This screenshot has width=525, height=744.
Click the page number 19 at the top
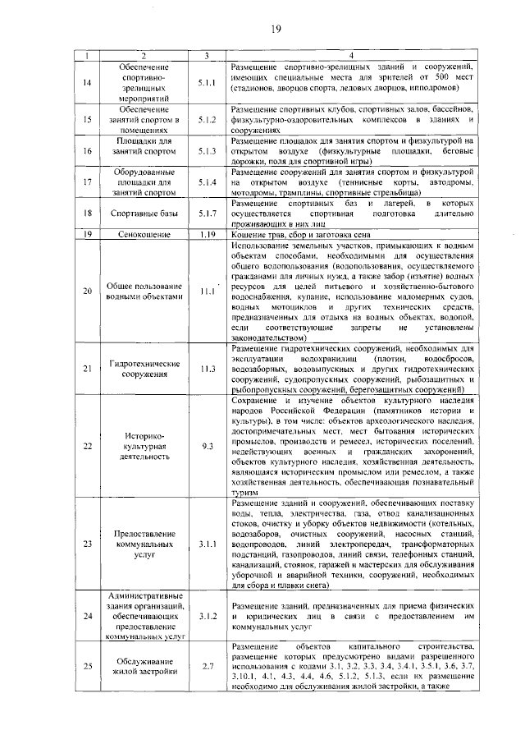[x=276, y=30]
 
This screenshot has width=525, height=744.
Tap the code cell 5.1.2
[x=206, y=119]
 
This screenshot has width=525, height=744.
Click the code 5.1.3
[x=206, y=151]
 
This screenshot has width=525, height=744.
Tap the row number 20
[x=88, y=291]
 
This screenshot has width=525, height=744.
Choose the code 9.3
[x=206, y=446]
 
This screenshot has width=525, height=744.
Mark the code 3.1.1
[x=206, y=544]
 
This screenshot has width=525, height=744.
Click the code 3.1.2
[x=206, y=614]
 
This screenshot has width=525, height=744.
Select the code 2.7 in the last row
[x=206, y=665]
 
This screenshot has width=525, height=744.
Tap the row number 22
[x=88, y=446]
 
